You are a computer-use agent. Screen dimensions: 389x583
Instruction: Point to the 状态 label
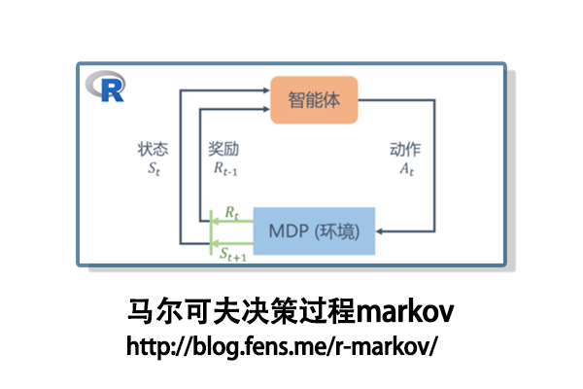click(x=153, y=151)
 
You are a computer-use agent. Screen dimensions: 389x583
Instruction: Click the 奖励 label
click(x=223, y=151)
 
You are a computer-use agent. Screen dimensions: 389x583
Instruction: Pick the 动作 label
click(x=405, y=151)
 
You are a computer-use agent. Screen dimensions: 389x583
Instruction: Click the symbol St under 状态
click(x=153, y=168)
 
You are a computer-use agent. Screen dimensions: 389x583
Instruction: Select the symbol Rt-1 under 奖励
click(x=226, y=168)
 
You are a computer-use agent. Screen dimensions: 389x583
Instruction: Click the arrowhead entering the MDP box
click(x=379, y=231)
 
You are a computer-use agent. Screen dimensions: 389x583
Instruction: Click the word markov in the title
click(x=406, y=313)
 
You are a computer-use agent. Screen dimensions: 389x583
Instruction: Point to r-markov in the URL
click(x=381, y=345)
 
